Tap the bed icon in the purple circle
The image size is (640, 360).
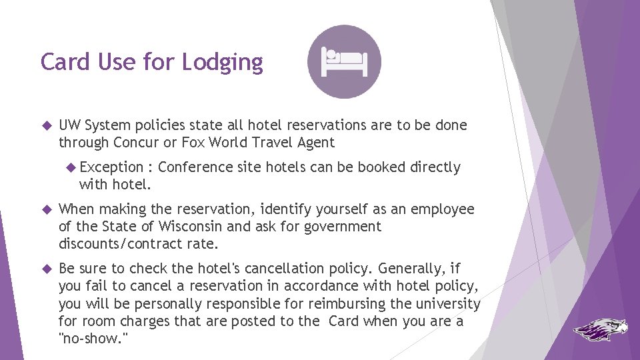pos(344,61)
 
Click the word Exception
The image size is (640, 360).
pos(111,167)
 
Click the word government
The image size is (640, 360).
pos(342,226)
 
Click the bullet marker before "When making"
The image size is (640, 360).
pos(46,209)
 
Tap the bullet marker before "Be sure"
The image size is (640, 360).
pos(46,269)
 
